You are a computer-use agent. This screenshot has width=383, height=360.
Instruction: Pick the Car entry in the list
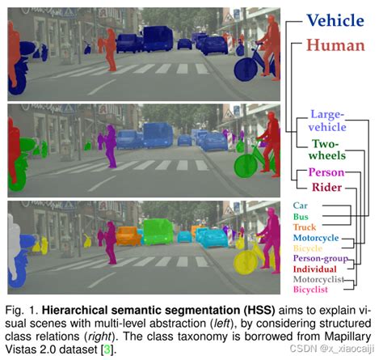tap(301, 205)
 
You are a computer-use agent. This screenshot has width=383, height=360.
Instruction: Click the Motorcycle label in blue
tap(316, 239)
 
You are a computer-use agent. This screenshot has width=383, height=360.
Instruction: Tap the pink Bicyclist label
tap(311, 289)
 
